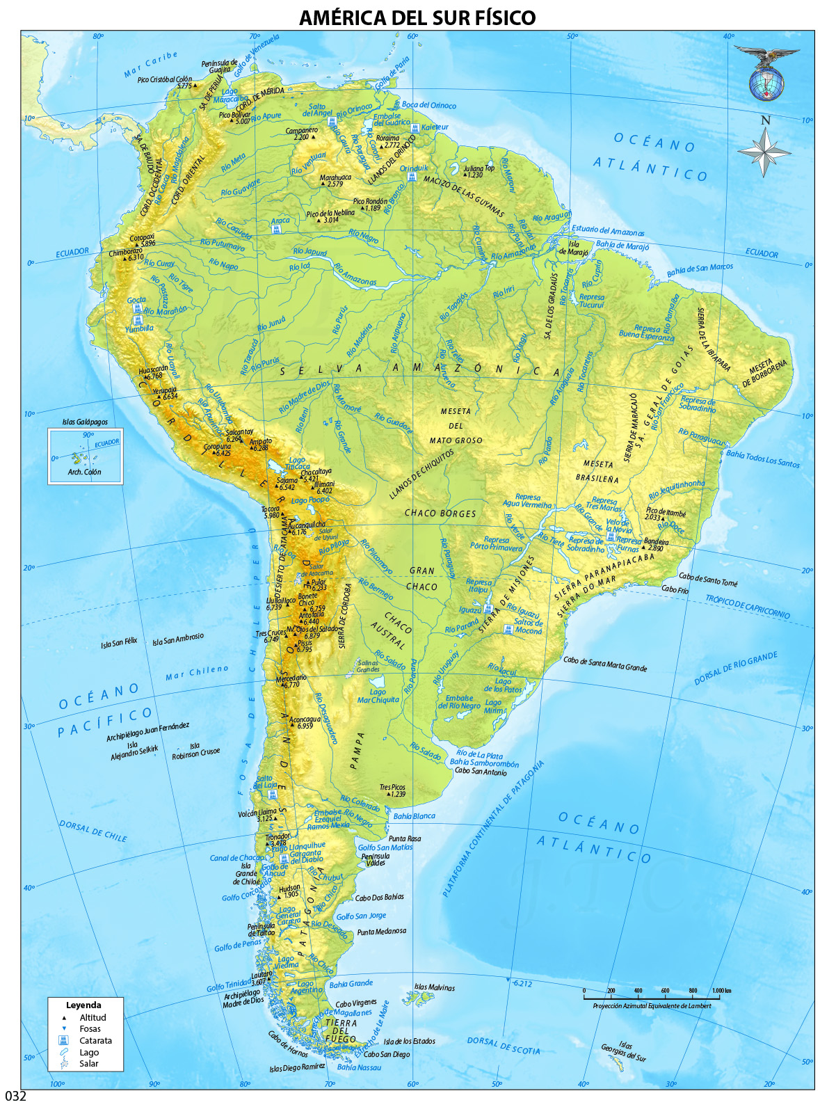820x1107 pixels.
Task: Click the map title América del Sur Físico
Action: [x=417, y=17]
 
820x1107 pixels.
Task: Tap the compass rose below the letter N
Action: [x=764, y=152]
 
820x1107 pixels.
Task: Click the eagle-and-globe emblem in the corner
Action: [x=766, y=73]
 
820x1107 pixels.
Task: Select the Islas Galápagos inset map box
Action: [x=85, y=456]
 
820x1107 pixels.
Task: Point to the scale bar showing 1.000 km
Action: [x=651, y=997]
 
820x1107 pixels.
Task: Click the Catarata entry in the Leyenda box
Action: [x=95, y=1040]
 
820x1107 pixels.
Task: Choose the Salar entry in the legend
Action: [x=88, y=1063]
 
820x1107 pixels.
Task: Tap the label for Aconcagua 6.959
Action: [x=305, y=723]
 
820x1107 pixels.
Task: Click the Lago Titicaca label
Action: [x=297, y=463]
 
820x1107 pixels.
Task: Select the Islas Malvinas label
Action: [x=434, y=987]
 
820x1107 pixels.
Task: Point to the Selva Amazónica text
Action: [x=420, y=369]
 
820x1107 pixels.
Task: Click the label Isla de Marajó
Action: [x=574, y=248]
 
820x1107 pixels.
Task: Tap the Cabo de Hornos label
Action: [x=288, y=1044]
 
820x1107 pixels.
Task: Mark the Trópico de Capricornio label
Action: [x=747, y=607]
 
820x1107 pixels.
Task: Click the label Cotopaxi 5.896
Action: [x=143, y=241]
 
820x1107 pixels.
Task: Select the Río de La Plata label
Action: [x=479, y=755]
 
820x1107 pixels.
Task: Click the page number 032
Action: [x=15, y=1096]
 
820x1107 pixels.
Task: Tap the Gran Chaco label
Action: [x=421, y=578]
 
